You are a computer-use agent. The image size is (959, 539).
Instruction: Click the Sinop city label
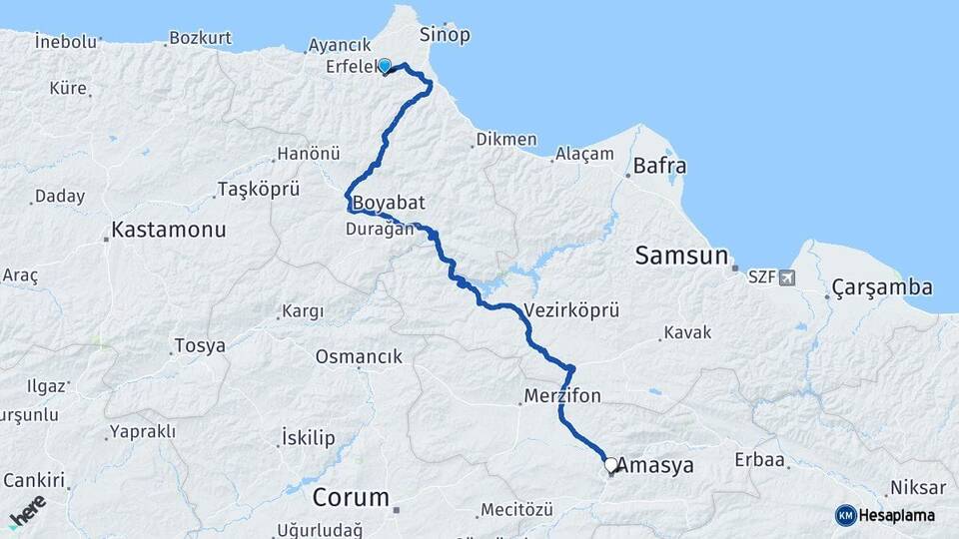point(445,35)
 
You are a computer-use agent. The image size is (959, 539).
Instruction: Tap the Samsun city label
point(682,257)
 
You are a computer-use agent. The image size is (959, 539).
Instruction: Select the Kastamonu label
point(168,229)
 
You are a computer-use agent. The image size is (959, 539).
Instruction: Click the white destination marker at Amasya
point(610,465)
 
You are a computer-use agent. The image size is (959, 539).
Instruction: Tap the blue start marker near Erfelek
point(384,66)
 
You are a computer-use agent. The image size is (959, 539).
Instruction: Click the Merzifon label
point(563,396)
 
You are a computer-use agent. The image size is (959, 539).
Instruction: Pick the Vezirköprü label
point(570,310)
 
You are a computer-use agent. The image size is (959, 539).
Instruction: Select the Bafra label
point(659,167)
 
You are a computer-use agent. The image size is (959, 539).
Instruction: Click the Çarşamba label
point(882,288)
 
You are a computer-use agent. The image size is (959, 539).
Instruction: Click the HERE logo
point(27,510)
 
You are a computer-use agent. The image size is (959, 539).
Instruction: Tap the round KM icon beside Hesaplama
point(846,515)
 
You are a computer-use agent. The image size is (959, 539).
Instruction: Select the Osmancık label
point(359,356)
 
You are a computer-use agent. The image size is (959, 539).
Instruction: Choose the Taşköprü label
point(258,189)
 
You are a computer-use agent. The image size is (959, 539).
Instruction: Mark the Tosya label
point(200,346)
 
